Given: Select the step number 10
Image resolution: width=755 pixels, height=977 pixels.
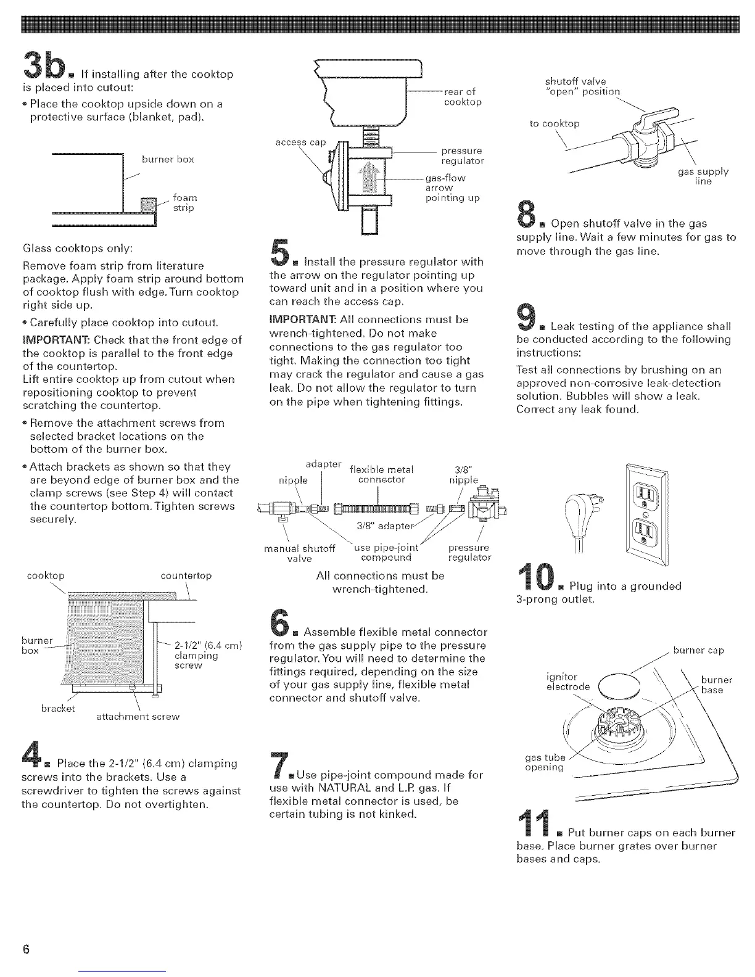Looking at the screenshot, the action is point(535,583).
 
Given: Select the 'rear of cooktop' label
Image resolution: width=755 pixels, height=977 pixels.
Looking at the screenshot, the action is point(462,97).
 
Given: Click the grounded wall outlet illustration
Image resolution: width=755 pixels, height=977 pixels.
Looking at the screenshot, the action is point(645,514).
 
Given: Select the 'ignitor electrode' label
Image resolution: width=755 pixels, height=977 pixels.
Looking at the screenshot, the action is point(568,682).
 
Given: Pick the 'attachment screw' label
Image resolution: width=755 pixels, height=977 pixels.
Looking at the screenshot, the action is point(138,717).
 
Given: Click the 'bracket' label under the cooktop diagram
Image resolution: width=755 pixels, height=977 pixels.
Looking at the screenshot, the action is point(58,708).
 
